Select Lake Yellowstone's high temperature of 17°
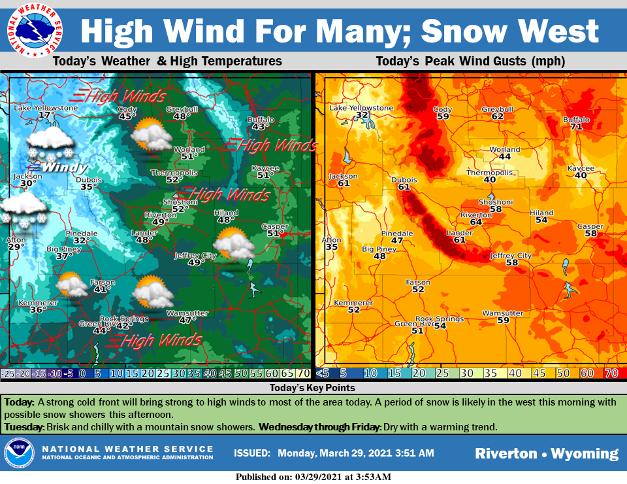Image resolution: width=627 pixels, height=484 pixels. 46,115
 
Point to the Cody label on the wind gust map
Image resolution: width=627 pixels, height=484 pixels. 443,109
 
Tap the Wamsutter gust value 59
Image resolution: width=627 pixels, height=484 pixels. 503,320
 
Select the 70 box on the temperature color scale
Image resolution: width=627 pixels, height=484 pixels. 303,373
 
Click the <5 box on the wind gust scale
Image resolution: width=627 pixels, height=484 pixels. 323,373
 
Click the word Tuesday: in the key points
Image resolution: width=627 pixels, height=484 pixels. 25,427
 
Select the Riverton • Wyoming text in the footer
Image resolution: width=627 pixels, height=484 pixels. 546,453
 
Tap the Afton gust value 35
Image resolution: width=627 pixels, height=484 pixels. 332,247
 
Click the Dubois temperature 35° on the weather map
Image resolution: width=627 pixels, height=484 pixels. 88,186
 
